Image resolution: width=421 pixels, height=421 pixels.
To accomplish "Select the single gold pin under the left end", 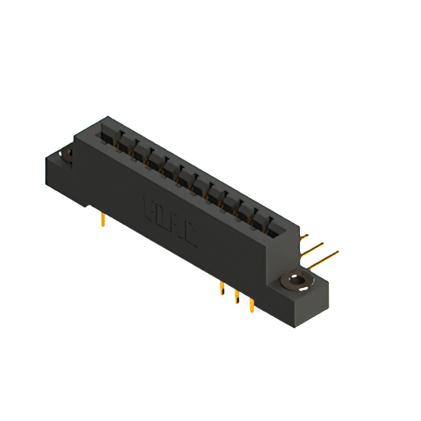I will pyautogui.click(x=103, y=219).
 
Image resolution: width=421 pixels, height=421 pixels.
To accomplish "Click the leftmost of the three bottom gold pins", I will pyautogui.click(x=222, y=291).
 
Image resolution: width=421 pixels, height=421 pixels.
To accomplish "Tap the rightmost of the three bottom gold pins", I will pyautogui.click(x=251, y=305).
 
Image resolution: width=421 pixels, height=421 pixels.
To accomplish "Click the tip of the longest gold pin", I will pyautogui.click(x=337, y=252).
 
